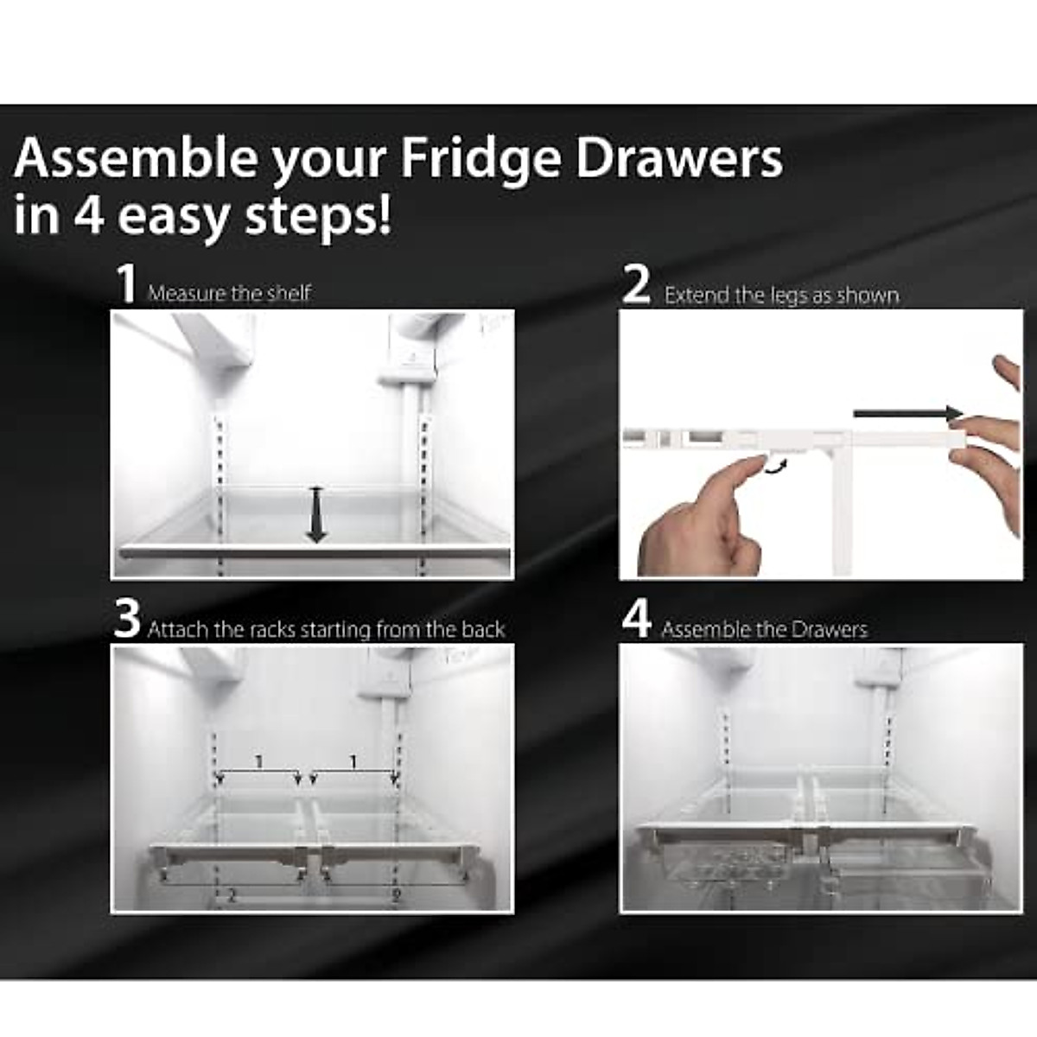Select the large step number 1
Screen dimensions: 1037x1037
128,284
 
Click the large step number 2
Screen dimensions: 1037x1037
637,285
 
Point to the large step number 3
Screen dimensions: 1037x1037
127,620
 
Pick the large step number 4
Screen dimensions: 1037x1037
637,620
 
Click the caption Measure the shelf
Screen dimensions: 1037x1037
229,294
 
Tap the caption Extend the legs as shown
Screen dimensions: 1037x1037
781,296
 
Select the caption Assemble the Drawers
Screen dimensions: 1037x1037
764,629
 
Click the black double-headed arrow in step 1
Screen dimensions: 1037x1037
317,514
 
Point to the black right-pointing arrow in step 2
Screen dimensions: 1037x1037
907,414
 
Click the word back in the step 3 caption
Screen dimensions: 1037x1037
483,630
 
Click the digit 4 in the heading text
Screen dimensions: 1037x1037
88,216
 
